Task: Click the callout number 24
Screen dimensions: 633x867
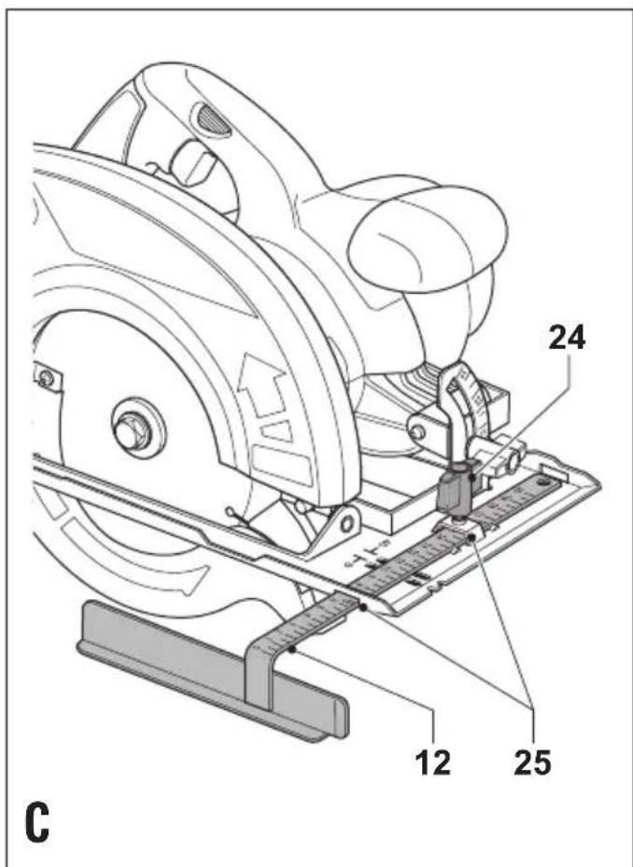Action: [566, 340]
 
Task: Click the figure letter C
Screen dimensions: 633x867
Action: [36, 822]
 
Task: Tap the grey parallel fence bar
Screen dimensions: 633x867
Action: [213, 669]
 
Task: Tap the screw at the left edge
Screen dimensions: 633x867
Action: [47, 378]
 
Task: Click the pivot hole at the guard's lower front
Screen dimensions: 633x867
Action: [347, 522]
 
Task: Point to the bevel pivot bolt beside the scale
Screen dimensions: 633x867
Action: [418, 431]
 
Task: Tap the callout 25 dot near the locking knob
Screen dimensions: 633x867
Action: [471, 538]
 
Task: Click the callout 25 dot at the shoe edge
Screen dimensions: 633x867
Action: [363, 608]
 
